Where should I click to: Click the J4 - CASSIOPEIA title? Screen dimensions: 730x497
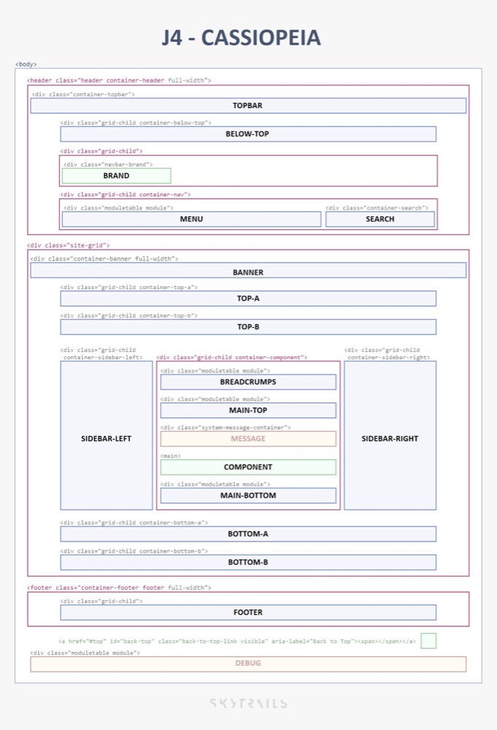coord(241,38)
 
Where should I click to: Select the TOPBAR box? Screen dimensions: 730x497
coord(248,106)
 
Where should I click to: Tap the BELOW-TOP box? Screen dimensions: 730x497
coord(248,134)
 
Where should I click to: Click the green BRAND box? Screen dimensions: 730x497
coord(117,176)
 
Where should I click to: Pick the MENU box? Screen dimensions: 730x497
coord(191,219)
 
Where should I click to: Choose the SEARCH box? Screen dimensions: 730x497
coord(380,219)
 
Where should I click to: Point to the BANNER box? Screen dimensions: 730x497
coord(248,271)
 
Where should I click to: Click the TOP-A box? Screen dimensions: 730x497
coord(248,299)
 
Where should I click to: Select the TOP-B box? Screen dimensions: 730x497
coord(248,327)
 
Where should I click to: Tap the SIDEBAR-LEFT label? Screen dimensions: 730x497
coord(107,439)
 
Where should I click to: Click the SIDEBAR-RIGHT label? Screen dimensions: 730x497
coord(390,439)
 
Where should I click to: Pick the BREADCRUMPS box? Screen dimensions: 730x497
coord(248,382)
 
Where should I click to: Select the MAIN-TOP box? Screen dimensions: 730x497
coord(248,410)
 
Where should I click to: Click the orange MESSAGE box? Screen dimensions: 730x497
coord(248,439)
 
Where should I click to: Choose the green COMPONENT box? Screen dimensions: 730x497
coord(248,467)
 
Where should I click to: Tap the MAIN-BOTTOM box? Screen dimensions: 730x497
coord(248,496)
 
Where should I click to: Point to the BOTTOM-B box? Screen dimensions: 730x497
coord(248,562)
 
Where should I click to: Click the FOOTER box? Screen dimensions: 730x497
coord(248,612)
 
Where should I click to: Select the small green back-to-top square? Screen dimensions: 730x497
coord(428,641)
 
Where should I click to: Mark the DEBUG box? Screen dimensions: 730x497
coord(248,664)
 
